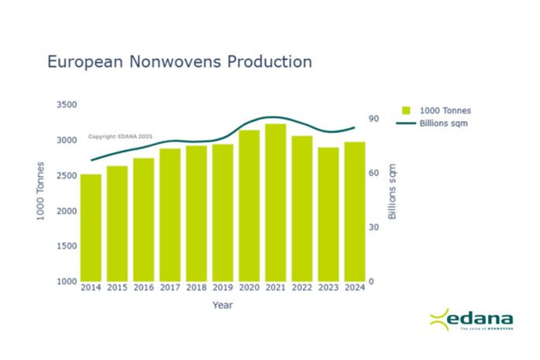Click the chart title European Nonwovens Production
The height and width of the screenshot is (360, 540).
pyautogui.click(x=180, y=61)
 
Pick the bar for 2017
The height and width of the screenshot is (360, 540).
pyautogui.click(x=170, y=214)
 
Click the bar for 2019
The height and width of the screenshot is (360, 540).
pyautogui.click(x=223, y=212)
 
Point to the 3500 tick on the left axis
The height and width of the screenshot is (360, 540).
pyautogui.click(x=66, y=105)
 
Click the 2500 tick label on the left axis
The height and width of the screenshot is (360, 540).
pyautogui.click(x=66, y=175)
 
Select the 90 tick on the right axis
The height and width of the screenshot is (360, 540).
pyautogui.click(x=373, y=119)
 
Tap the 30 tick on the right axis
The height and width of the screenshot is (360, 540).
pyautogui.click(x=373, y=227)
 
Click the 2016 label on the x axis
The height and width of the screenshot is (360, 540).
pyautogui.click(x=144, y=288)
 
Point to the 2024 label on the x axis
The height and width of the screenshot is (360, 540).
pyautogui.click(x=355, y=288)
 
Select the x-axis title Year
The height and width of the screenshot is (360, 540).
pyautogui.click(x=223, y=305)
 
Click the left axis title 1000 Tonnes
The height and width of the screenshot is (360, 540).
pyautogui.click(x=41, y=191)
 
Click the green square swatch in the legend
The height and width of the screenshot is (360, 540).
pyautogui.click(x=407, y=110)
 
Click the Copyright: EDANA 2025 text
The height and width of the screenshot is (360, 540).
pyautogui.click(x=120, y=137)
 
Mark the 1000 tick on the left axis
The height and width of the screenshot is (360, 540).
pyautogui.click(x=66, y=282)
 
